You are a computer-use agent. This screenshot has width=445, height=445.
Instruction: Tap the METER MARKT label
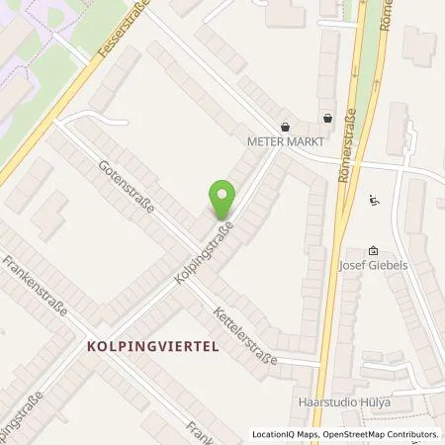(x=285, y=141)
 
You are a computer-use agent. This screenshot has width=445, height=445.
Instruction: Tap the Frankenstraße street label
(x=35, y=286)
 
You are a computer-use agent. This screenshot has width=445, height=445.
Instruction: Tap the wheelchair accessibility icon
(x=373, y=201)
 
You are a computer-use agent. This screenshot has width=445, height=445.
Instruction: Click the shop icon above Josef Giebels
(x=372, y=251)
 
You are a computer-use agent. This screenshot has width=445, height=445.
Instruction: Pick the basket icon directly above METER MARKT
(x=285, y=127)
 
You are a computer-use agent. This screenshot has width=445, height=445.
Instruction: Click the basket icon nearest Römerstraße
(x=327, y=118)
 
